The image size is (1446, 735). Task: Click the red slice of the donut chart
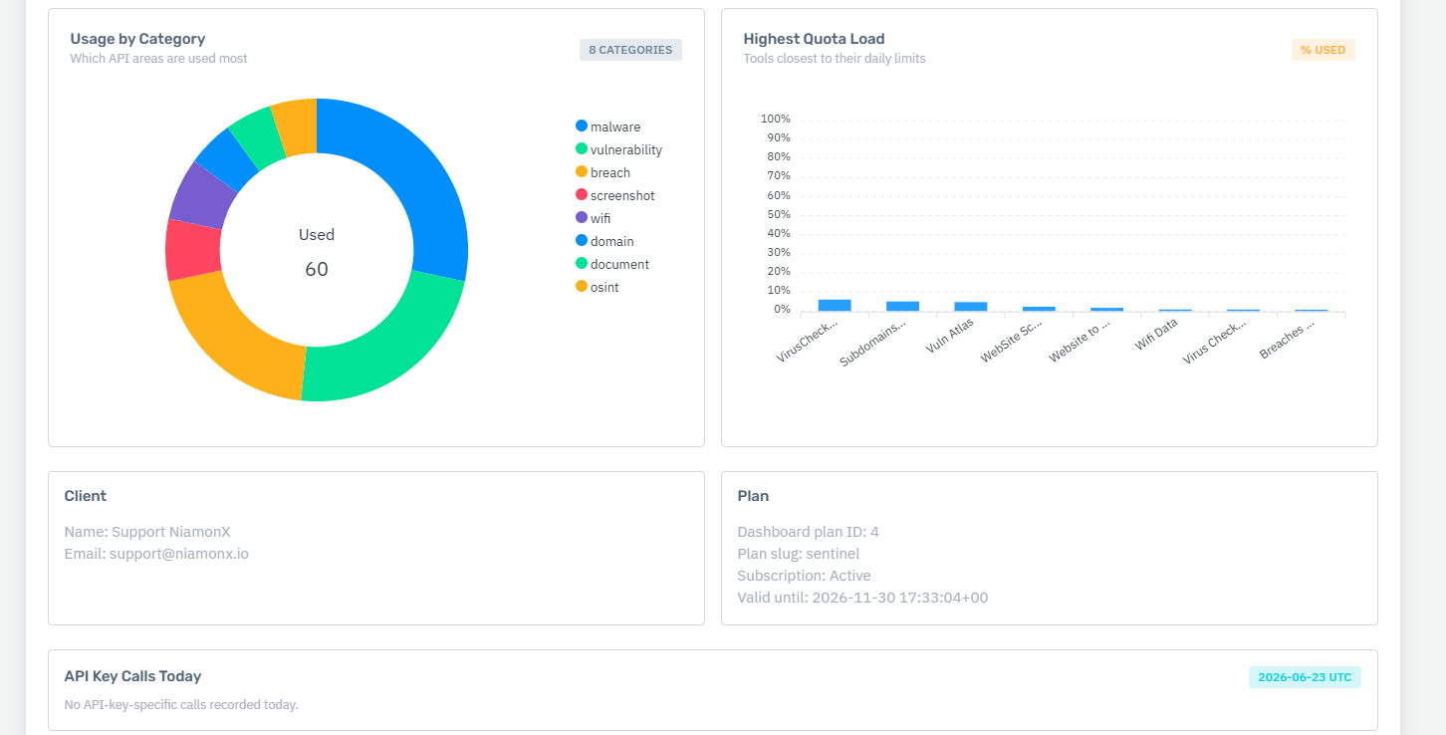point(192,250)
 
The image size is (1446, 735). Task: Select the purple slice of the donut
point(203,196)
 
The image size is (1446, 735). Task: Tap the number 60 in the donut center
point(317,269)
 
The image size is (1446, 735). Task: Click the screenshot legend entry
point(614,195)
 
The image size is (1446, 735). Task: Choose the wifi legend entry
point(593,218)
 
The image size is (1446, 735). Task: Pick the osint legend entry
point(597,287)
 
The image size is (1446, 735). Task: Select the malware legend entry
point(607,126)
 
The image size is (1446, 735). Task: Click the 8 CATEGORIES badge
point(630,50)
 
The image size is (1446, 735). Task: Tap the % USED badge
point(1323,50)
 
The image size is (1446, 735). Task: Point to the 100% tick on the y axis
point(776,119)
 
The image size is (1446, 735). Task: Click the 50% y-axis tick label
point(779,214)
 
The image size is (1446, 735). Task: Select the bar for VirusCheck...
point(835,306)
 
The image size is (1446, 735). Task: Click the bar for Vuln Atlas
point(971,307)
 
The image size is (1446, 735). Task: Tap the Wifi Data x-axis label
point(1156,335)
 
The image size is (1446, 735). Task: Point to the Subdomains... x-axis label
point(872,344)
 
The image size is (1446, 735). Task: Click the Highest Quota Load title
point(814,39)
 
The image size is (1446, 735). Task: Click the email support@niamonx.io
point(179,554)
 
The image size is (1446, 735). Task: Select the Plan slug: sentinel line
point(799,554)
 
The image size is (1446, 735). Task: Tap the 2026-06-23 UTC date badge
point(1305,677)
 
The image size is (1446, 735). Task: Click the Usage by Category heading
point(137,39)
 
